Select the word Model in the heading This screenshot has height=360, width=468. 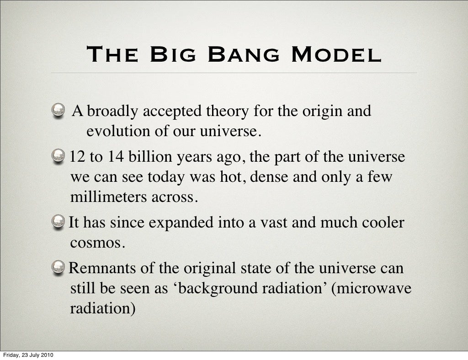336,55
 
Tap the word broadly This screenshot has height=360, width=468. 113,111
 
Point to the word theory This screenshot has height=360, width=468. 229,111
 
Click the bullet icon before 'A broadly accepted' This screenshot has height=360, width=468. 58,110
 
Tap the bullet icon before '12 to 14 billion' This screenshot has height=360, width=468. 58,157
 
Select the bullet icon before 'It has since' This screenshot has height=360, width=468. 58,222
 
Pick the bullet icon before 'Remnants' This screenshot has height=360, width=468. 58,268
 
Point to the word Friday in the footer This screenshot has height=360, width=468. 11,355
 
